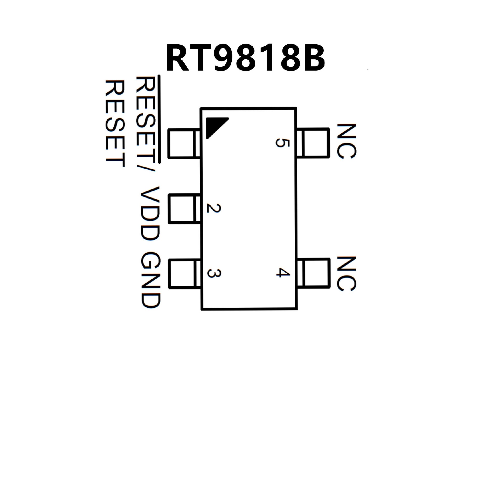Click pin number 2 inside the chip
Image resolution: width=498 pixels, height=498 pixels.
(213, 209)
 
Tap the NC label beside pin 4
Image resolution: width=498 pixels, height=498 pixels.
(346, 274)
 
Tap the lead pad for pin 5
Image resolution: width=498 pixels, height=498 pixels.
(313, 143)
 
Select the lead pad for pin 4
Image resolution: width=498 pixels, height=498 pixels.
(314, 273)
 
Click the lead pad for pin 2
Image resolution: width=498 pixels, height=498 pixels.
(184, 209)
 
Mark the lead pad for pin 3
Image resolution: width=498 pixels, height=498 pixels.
(185, 274)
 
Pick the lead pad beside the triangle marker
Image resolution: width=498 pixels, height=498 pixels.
(184, 144)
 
